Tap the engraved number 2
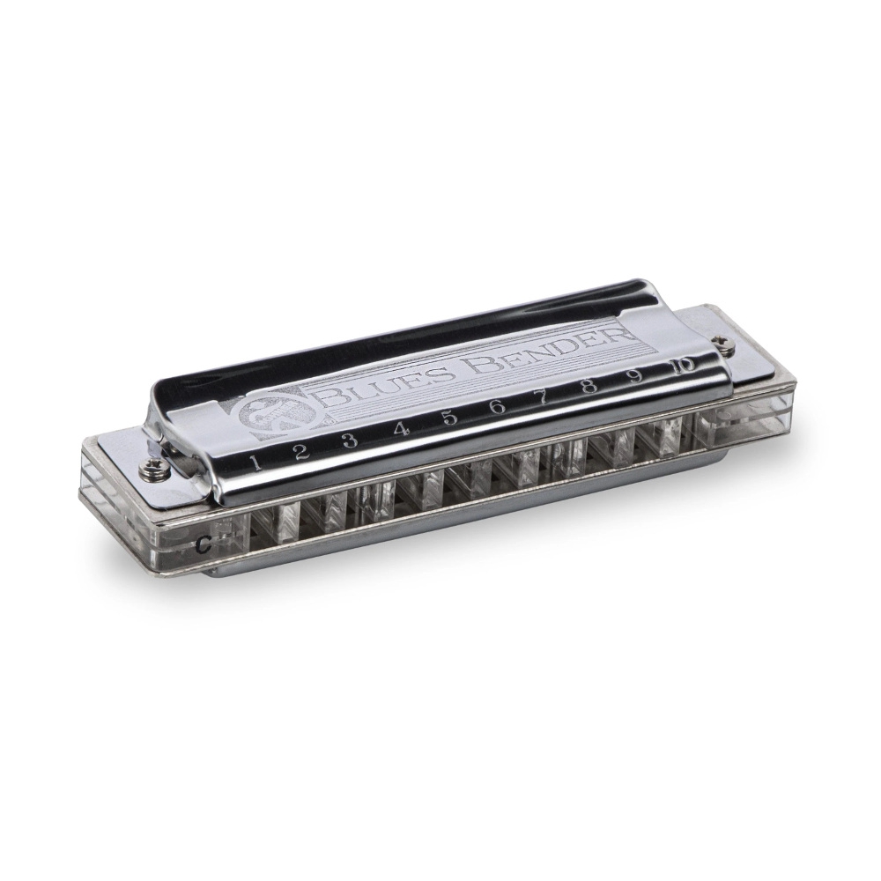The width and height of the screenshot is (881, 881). (301, 451)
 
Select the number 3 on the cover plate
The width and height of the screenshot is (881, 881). (350, 440)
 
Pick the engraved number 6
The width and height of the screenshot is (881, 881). (498, 406)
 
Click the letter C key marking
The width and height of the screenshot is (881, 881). (204, 543)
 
